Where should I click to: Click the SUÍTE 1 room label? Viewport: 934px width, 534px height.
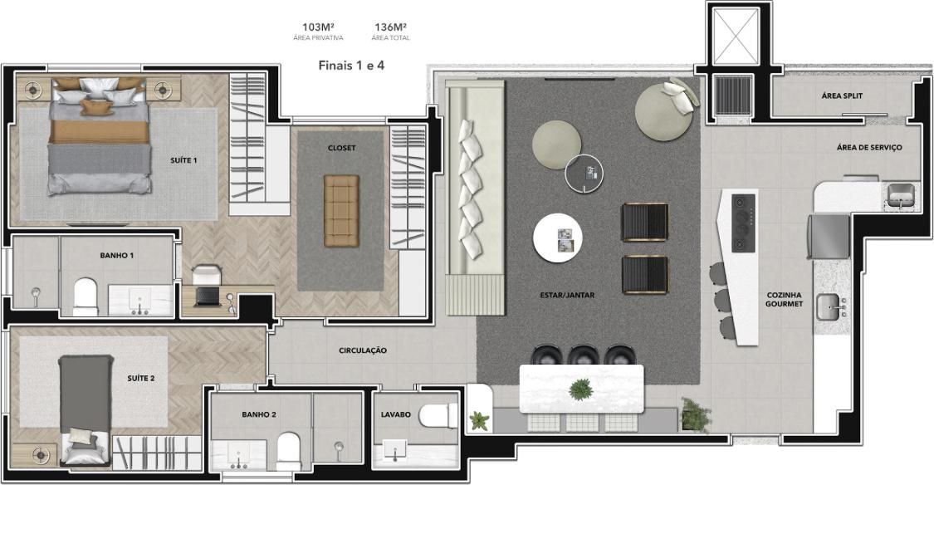(x=183, y=160)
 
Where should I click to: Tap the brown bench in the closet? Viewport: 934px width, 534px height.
(x=341, y=211)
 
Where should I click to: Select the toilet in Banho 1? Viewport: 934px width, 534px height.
(x=86, y=296)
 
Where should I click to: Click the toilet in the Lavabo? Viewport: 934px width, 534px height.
(x=438, y=416)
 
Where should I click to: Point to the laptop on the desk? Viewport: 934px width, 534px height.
(x=208, y=296)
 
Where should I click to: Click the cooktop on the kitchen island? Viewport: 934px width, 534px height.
(x=743, y=223)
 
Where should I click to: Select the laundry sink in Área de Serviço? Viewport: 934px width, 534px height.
(x=900, y=196)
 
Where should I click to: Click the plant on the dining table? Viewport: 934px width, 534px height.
(x=581, y=389)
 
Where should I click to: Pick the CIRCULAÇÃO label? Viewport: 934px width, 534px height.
(x=363, y=350)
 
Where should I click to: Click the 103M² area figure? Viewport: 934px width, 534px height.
(x=318, y=27)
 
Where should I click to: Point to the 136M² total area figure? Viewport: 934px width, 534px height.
(x=391, y=27)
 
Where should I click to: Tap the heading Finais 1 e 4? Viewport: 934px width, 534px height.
(x=351, y=66)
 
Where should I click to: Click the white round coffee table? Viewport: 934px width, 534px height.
(x=558, y=238)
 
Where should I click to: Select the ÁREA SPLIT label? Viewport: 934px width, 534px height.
(x=842, y=96)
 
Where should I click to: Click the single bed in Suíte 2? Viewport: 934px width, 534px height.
(x=86, y=410)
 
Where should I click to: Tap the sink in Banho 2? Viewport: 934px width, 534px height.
(x=239, y=455)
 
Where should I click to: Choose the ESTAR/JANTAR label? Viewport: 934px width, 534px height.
(x=567, y=295)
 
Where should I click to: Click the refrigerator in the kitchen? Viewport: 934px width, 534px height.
(x=829, y=237)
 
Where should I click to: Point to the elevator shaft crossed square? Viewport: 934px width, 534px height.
(x=737, y=36)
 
